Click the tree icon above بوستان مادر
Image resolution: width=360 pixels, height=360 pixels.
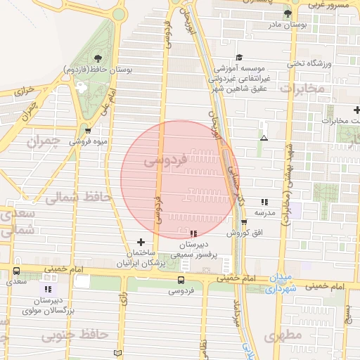tap(287, 13)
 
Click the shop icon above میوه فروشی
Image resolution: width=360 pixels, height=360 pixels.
tap(87, 130)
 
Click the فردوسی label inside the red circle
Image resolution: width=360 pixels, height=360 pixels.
tap(165, 161)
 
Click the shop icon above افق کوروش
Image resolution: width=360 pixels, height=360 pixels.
tap(244, 222)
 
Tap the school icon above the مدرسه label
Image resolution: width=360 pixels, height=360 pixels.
tap(264, 201)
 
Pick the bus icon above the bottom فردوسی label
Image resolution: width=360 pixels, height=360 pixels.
tap(181, 280)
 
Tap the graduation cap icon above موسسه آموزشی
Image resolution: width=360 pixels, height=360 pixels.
tap(239, 57)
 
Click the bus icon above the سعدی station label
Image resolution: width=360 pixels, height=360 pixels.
tap(16, 271)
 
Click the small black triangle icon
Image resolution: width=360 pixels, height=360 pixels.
tap(264, 139)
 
